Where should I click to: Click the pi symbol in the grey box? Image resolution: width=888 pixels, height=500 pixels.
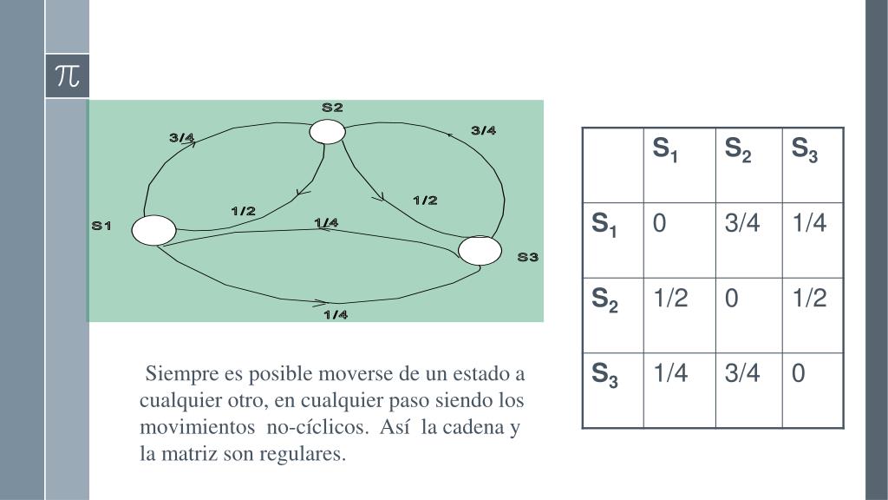point(67,76)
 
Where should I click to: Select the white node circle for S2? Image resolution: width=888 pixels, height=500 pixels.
point(328,131)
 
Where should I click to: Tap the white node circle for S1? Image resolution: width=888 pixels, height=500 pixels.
point(154,230)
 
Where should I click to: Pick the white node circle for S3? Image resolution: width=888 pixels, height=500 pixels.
point(480,250)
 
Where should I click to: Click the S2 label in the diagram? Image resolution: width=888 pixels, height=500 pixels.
point(333,109)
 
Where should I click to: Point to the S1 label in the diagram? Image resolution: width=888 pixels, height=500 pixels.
point(102,227)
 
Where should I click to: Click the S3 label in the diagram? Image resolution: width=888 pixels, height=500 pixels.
point(528,257)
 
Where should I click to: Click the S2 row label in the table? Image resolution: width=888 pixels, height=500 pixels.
point(605,299)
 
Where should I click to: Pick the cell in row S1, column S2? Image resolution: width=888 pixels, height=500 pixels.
point(745,224)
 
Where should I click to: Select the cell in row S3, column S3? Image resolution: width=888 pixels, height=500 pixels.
point(799,373)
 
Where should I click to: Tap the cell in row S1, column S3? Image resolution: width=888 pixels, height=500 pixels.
point(809,224)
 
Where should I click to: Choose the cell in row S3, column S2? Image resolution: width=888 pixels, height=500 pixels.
point(745,373)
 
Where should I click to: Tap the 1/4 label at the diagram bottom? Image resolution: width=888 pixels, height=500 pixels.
point(336,315)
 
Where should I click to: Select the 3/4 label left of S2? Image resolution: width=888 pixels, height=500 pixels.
point(181,137)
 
